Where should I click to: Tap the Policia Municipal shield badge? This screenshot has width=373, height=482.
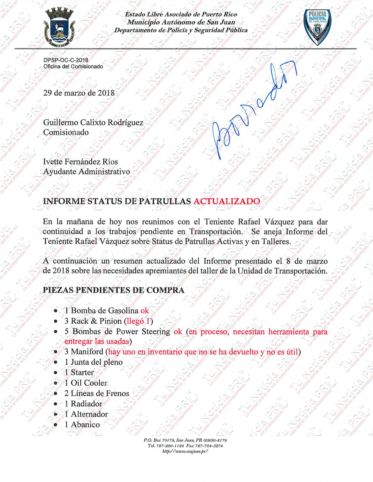pyautogui.click(x=317, y=27)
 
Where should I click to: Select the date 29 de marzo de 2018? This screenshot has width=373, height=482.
pyautogui.click(x=79, y=93)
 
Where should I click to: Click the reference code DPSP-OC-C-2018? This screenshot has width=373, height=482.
pyautogui.click(x=66, y=60)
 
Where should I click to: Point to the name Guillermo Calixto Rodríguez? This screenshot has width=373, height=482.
pyautogui.click(x=93, y=122)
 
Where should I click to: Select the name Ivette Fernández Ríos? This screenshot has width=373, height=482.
pyautogui.click(x=81, y=162)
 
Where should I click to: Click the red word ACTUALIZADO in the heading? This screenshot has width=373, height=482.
pyautogui.click(x=227, y=201)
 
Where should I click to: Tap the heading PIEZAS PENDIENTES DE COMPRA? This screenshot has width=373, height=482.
pyautogui.click(x=113, y=290)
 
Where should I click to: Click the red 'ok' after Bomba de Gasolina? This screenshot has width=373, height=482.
pyautogui.click(x=144, y=311)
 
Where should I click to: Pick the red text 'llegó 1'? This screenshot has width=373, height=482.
pyautogui.click(x=138, y=321)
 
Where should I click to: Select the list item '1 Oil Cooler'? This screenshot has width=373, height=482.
pyautogui.click(x=86, y=383)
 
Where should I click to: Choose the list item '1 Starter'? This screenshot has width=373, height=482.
pyautogui.click(x=79, y=372)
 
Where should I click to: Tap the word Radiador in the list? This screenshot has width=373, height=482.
pyautogui.click(x=87, y=404)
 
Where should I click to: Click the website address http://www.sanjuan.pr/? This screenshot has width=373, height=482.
pyautogui.click(x=185, y=451)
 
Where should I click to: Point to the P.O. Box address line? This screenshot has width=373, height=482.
pyautogui.click(x=185, y=440)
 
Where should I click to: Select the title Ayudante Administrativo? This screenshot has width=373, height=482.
pyautogui.click(x=87, y=172)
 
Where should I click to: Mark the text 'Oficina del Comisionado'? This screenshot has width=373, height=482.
pyautogui.click(x=73, y=66)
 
